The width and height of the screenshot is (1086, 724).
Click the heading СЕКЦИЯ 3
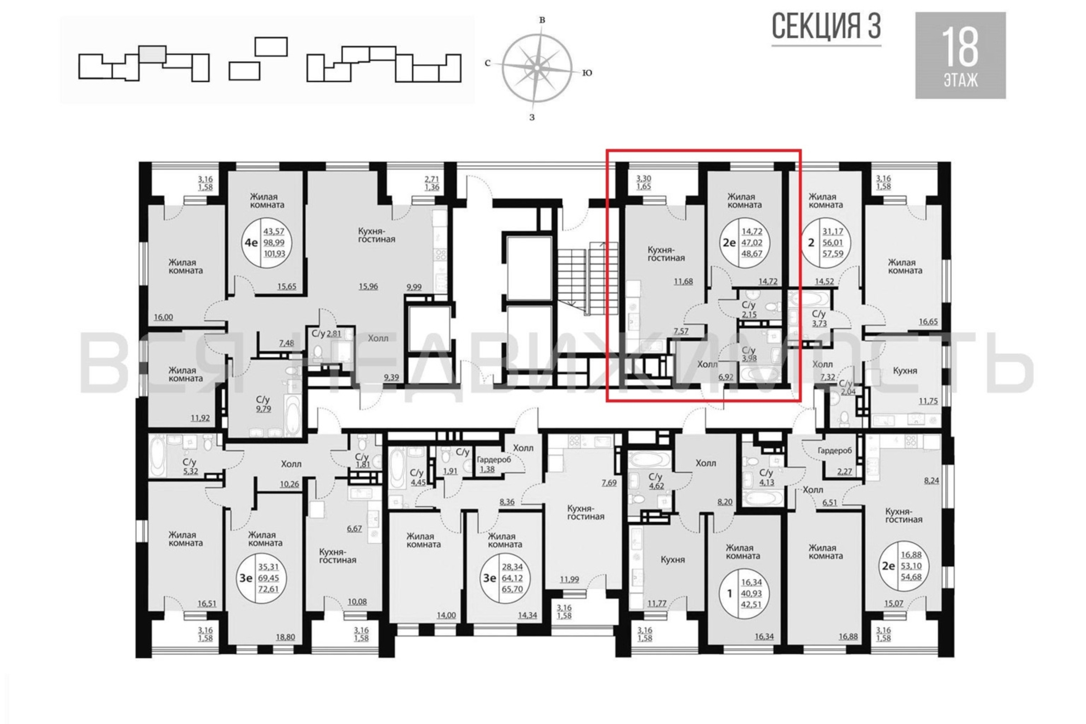coord(826,26)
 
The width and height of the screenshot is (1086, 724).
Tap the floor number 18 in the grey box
coord(960,47)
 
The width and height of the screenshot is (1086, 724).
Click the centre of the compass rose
coord(537,67)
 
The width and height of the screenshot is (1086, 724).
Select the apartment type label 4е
coord(251,242)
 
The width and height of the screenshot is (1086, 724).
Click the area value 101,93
coord(274,253)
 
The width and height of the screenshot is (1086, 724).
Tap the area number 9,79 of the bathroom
coord(264,409)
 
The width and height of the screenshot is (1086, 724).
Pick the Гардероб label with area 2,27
coord(834,450)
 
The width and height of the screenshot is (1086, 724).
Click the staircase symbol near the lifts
coord(587,279)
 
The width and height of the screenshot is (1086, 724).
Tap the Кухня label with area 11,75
coord(905,371)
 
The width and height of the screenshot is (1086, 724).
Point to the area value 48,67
coord(752,253)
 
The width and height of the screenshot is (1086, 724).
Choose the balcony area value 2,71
coord(432,179)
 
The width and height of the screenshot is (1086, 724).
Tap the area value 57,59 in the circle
coord(833,253)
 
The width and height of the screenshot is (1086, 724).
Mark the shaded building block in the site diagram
coord(152,54)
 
